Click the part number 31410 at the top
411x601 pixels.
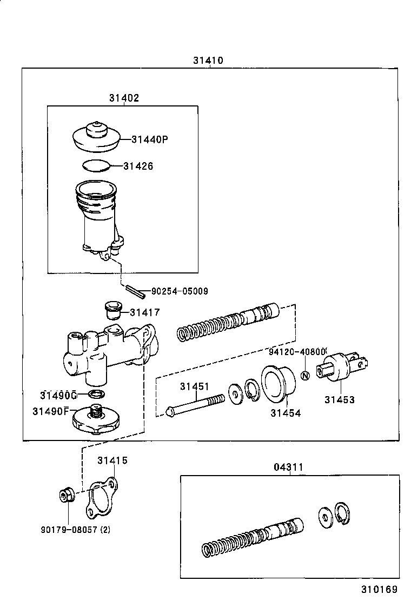(208, 61)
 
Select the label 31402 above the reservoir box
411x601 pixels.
(124, 98)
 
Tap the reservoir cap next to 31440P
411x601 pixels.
(95, 137)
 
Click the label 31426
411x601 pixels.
(138, 166)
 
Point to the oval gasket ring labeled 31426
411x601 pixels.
(96, 165)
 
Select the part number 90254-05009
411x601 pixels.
(180, 291)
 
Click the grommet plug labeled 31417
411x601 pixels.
(111, 311)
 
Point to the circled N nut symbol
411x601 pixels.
(304, 376)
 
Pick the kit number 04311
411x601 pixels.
(288, 467)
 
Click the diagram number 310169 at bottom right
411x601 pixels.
(380, 589)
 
